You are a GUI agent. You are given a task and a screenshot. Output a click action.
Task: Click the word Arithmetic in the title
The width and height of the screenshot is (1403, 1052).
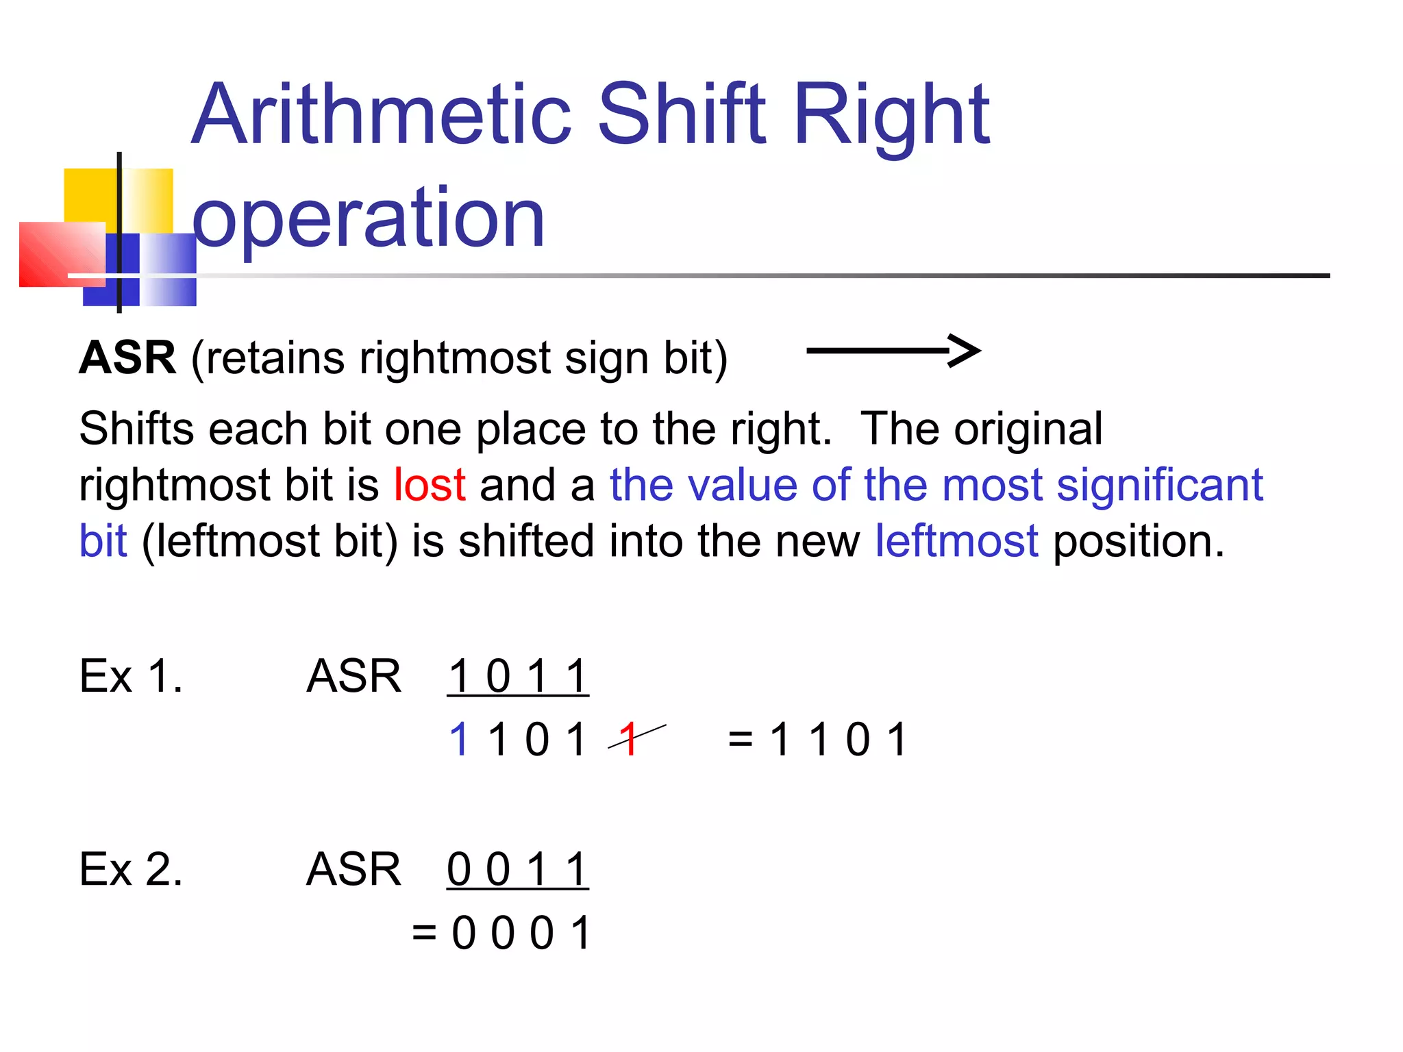(x=381, y=115)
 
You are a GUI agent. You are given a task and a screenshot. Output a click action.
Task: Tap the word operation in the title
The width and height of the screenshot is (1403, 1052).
(x=369, y=218)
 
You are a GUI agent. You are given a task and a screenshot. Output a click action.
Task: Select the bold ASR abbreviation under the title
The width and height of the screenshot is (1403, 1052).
(x=127, y=358)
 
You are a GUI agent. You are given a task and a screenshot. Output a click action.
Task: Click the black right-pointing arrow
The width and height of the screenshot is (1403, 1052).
(x=893, y=351)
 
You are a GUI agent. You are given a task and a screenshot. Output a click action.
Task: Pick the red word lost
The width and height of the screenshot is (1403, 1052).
(x=430, y=485)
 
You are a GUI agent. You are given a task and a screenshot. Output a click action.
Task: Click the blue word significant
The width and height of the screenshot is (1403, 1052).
(x=1159, y=485)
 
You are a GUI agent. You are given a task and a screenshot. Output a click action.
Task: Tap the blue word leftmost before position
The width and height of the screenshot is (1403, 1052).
(x=956, y=541)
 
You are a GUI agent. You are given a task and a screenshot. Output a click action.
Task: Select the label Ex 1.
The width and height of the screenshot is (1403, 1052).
(x=131, y=677)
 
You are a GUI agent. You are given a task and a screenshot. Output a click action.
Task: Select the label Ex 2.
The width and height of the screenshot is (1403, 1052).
(x=131, y=870)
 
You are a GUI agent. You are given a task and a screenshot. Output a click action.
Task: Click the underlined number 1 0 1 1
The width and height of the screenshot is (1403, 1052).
(x=518, y=677)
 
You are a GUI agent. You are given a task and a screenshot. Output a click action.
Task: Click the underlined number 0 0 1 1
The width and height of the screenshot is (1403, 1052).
(x=518, y=870)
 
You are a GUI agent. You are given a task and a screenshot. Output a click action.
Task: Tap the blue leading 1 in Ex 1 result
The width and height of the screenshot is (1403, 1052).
(x=458, y=740)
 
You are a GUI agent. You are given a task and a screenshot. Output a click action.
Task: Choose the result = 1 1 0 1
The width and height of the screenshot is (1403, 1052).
(x=818, y=740)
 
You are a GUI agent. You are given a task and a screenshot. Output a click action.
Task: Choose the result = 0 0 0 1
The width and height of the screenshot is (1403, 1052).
(x=501, y=933)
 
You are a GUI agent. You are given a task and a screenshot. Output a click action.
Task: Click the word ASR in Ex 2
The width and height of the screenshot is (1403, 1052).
(x=353, y=870)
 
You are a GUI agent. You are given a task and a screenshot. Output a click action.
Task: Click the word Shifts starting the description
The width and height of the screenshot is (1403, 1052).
(x=136, y=429)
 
